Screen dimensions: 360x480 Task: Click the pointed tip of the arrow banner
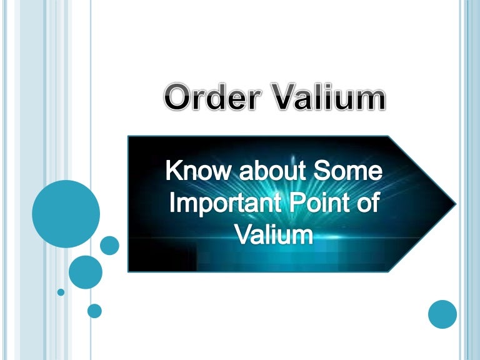point(454,204)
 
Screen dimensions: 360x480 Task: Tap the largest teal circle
point(66,214)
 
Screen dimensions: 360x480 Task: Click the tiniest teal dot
point(61,292)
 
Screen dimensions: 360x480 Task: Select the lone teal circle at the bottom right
point(442,314)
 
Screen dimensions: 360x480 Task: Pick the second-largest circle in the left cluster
point(85,271)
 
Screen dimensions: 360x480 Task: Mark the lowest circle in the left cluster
point(94,311)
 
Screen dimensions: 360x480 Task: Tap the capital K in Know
point(173,171)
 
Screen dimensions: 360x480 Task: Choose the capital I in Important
point(172,204)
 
